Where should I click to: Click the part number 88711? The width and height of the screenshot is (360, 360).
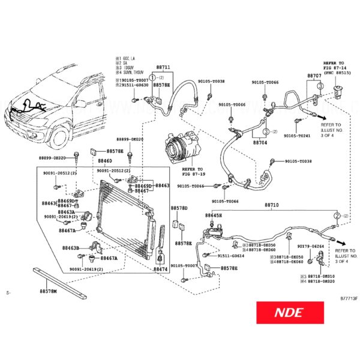[x=163, y=68]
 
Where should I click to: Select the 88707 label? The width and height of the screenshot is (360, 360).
[x=314, y=76]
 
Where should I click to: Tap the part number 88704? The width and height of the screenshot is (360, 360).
[x=260, y=143]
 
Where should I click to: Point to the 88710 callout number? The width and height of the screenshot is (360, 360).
[x=272, y=205]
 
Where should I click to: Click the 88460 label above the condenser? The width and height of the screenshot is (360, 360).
[x=106, y=162]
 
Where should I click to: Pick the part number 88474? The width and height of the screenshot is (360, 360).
[x=160, y=270]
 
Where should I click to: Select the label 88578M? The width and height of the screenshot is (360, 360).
[x=48, y=291]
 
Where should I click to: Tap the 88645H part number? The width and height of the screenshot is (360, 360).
[x=213, y=215]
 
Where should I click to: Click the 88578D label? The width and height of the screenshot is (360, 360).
[x=179, y=208]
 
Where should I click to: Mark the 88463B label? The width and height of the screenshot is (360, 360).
[x=71, y=247]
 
